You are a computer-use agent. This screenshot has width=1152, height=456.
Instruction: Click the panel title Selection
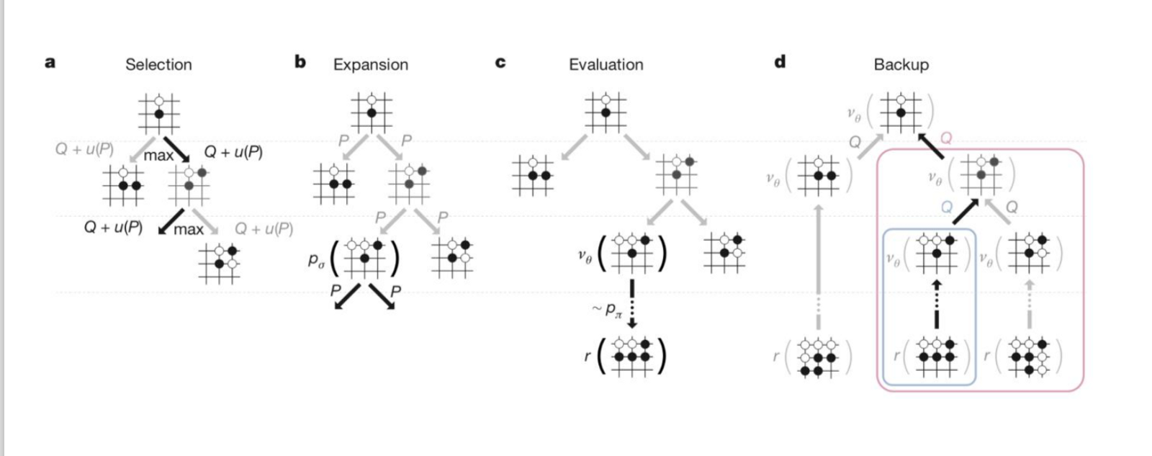(158, 65)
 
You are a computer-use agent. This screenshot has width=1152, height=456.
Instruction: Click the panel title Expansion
(370, 65)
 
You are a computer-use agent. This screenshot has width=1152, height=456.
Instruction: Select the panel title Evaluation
(606, 65)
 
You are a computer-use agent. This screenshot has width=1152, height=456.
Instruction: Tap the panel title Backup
(901, 65)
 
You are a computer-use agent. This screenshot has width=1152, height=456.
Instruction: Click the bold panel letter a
(50, 62)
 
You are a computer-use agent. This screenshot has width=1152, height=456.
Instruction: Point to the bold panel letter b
(300, 62)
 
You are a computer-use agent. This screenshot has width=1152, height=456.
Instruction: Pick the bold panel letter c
(500, 63)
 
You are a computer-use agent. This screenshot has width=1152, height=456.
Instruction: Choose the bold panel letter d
(780, 62)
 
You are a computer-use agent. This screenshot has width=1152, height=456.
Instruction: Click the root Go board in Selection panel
(159, 113)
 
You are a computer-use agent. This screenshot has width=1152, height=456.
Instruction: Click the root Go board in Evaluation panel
(606, 112)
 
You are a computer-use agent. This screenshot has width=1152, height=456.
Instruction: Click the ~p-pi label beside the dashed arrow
(607, 309)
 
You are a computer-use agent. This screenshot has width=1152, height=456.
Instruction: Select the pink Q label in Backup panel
(945, 138)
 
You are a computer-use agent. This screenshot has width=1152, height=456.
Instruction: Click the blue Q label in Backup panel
(946, 207)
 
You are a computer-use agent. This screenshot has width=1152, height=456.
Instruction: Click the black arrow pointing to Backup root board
(932, 146)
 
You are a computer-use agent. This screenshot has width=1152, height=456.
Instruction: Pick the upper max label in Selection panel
(158, 156)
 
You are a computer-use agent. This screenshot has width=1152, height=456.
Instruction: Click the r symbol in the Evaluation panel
(588, 356)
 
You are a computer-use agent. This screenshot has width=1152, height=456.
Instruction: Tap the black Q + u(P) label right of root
(233, 152)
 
